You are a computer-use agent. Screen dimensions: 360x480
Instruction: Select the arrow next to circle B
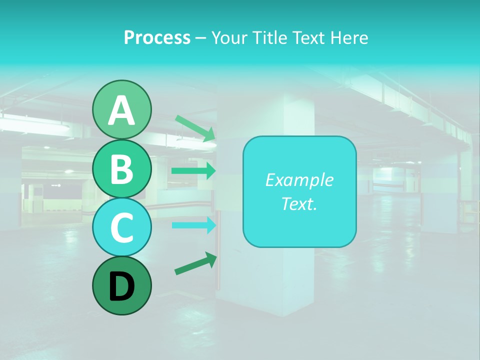click(193, 171)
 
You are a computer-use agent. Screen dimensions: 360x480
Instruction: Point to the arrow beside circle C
click(193, 225)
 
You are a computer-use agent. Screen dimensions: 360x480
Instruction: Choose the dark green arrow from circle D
click(195, 263)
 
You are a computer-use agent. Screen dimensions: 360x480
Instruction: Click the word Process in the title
click(157, 38)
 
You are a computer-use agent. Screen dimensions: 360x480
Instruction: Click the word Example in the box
click(299, 180)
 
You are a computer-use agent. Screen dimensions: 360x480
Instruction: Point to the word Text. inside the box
click(299, 203)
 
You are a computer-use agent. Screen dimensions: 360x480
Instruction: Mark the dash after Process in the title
click(201, 38)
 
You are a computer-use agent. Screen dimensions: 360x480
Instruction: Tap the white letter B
click(122, 169)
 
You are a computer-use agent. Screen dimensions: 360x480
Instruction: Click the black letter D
click(122, 286)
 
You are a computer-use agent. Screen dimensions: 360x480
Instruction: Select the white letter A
click(122, 110)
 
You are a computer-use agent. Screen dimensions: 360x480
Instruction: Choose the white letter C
click(122, 227)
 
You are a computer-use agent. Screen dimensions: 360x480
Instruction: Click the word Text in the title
click(306, 38)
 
